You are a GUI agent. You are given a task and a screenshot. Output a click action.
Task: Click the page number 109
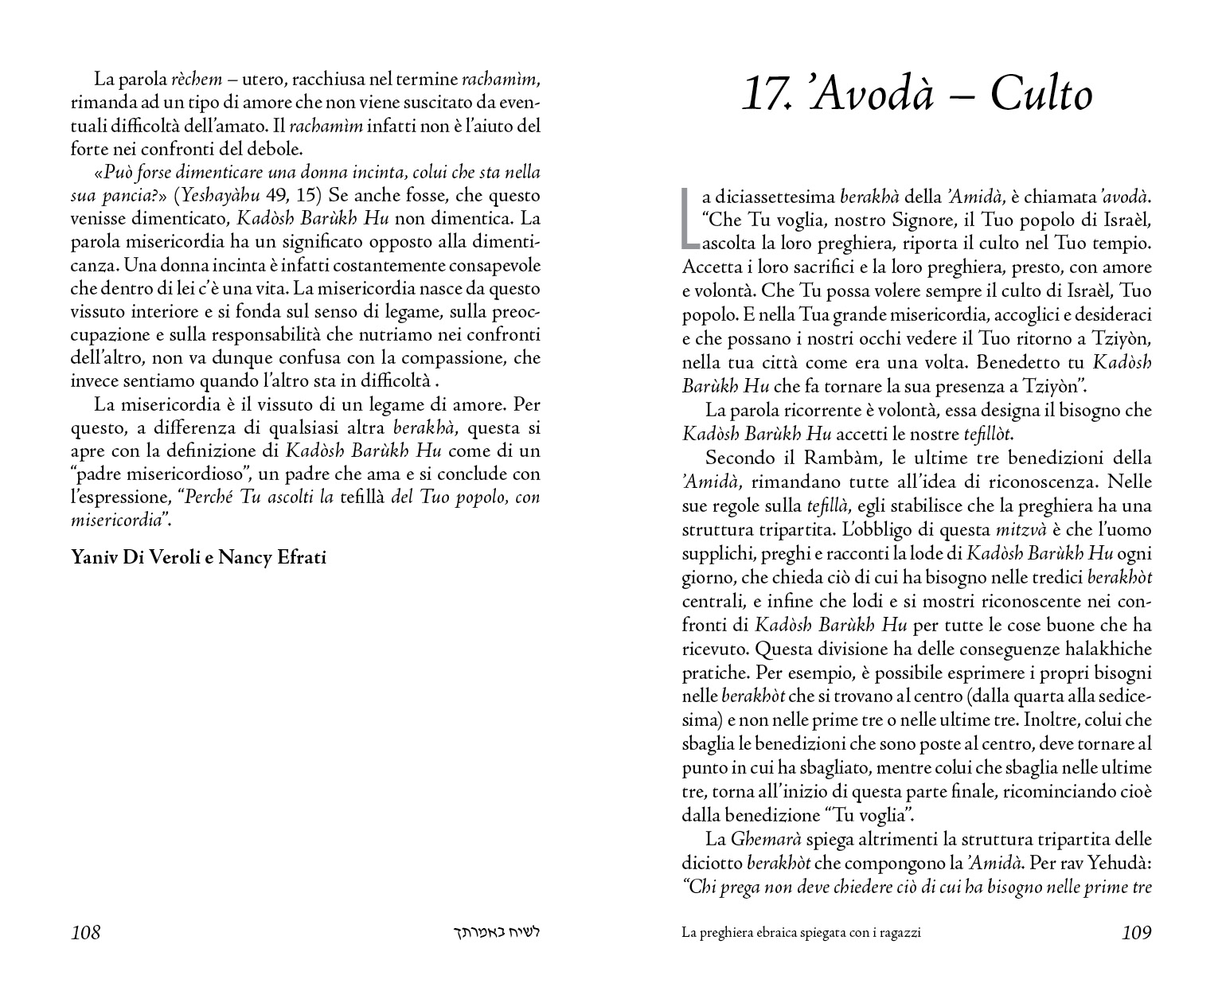(x=1136, y=933)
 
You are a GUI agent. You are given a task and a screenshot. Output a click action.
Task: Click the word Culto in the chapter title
(x=1041, y=96)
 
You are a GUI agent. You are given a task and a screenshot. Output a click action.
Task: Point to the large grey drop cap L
(x=689, y=217)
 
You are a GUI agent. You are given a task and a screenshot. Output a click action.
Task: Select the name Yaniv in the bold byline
(x=95, y=557)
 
